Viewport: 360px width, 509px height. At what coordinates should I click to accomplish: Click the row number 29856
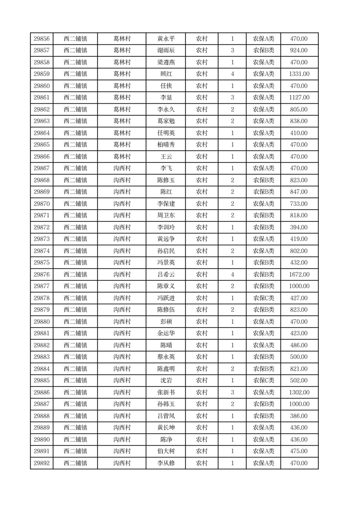(42, 39)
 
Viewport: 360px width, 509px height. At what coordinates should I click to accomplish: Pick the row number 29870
(42, 204)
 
